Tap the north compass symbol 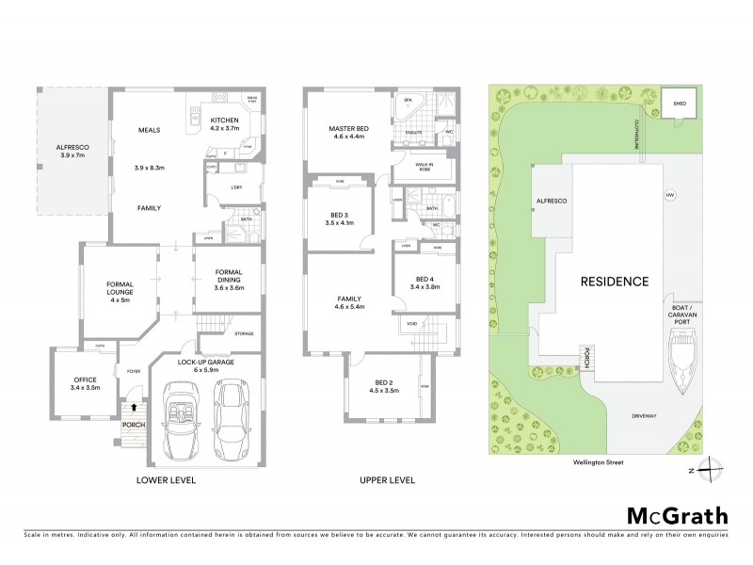[x=713, y=470]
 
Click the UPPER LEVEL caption [x=387, y=479]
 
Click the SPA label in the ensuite [x=409, y=100]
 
